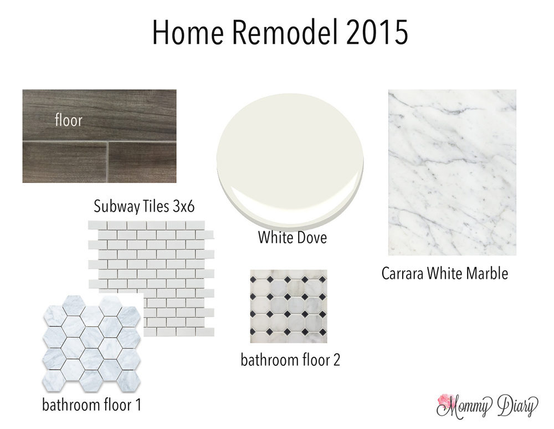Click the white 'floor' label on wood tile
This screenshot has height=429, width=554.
[69, 120]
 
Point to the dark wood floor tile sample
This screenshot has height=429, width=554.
[99, 136]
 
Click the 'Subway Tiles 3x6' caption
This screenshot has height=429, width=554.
[144, 206]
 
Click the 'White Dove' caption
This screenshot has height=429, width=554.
[292, 237]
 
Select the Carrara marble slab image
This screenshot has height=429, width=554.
[452, 172]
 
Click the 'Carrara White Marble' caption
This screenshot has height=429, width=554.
[445, 273]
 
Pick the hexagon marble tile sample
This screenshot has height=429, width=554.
[92, 344]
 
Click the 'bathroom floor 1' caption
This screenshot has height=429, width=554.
[91, 405]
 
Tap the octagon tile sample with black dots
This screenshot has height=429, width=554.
[289, 307]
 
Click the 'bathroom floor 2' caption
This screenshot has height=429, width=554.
[290, 360]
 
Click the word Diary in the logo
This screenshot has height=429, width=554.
[517, 406]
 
